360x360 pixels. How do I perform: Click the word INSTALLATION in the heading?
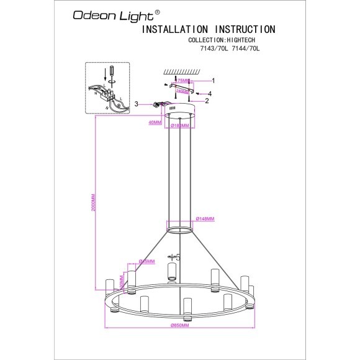click(x=176, y=29)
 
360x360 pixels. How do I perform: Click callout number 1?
click(x=213, y=81)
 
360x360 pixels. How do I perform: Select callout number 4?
click(x=209, y=93)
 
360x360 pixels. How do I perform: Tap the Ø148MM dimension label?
click(x=205, y=218)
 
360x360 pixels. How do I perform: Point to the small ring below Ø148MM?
click(x=181, y=231)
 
